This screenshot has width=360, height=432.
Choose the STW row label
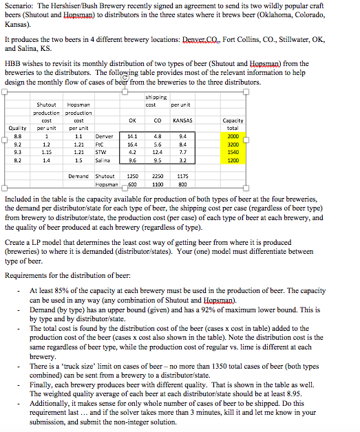103,153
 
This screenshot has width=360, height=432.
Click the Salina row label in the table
103,162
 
